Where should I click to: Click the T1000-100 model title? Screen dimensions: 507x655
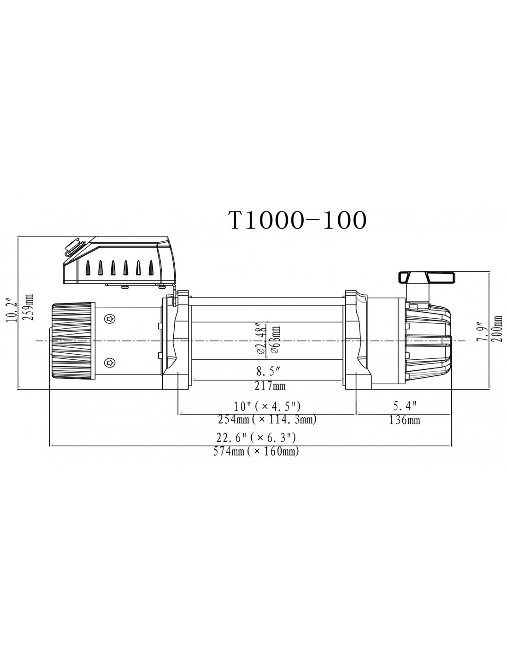pyautogui.click(x=298, y=220)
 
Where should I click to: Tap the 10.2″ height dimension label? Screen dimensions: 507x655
pyautogui.click(x=13, y=310)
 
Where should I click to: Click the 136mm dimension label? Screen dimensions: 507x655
pyautogui.click(x=404, y=420)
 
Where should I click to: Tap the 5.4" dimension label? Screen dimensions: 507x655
pyautogui.click(x=405, y=406)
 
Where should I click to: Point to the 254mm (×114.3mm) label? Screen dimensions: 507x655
pyautogui.click(x=267, y=419)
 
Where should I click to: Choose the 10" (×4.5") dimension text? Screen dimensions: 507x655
pyautogui.click(x=267, y=406)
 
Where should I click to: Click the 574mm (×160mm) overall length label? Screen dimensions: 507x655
pyautogui.click(x=256, y=451)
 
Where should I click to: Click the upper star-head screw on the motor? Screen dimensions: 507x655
pyautogui.click(x=110, y=319)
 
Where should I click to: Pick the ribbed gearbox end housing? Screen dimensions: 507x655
pyautogui.click(x=428, y=341)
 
